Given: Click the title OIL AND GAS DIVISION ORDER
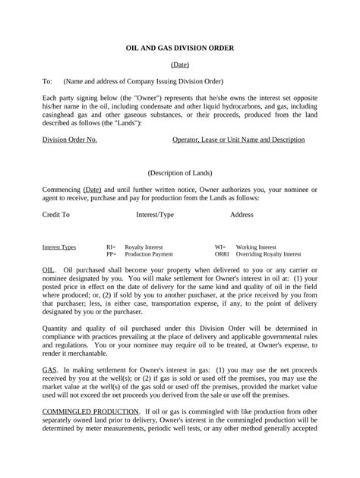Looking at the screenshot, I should point(179,48).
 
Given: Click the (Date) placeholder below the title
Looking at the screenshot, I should point(180,65).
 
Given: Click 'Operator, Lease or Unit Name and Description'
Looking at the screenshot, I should point(238,140).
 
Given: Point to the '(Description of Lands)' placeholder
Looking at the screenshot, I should point(180,173).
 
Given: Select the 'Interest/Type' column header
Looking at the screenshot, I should point(155,215).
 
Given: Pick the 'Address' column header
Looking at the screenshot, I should point(242,215).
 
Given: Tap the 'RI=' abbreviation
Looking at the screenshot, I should point(111,247).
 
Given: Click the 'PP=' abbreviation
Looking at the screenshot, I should point(111,255).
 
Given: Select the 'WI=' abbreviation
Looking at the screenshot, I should point(221,247).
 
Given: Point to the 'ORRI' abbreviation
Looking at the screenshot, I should point(223,255).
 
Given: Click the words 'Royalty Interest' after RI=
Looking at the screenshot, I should point(144,247).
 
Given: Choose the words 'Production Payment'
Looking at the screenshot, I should point(149,255).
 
